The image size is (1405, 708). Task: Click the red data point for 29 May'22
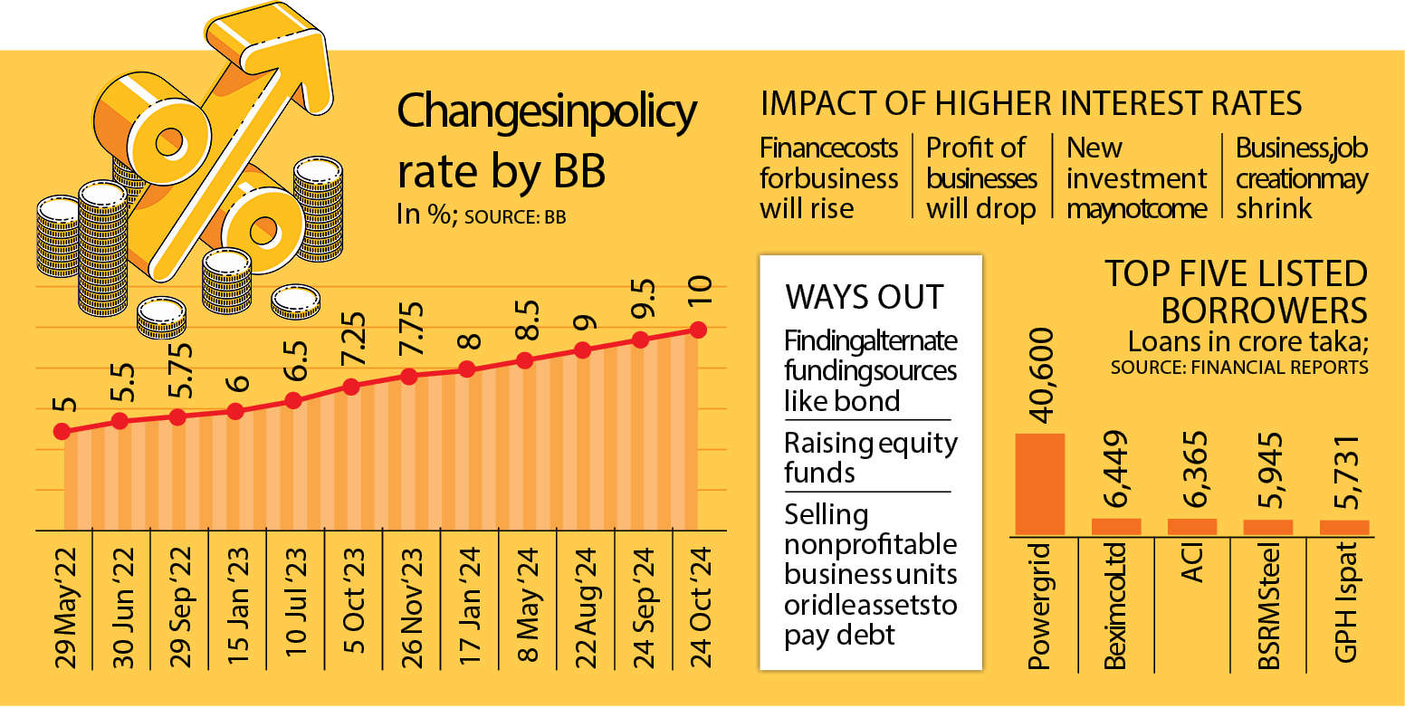(62, 431)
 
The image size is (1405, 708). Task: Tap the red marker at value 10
(698, 330)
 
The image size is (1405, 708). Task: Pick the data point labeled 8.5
(524, 360)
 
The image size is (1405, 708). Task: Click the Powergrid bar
(1039, 484)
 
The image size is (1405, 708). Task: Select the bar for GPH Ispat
(1344, 527)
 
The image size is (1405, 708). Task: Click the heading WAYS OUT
(865, 297)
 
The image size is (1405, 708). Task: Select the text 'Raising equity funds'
(870, 457)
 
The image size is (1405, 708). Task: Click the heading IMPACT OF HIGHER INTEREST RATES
(1031, 104)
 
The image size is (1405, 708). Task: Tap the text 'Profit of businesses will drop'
(981, 178)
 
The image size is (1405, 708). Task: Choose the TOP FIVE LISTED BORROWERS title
(1236, 292)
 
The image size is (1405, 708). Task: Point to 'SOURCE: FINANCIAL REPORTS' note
(1239, 368)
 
